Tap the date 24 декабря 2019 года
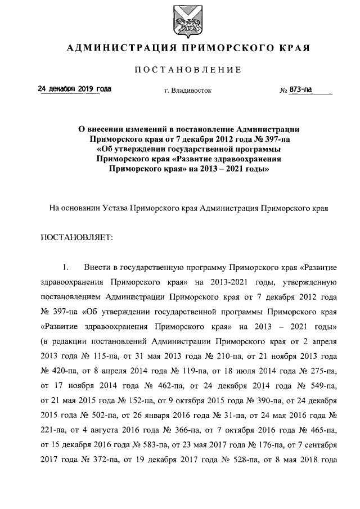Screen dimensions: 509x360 point(74,89)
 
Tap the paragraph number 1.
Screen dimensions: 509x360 point(65,265)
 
